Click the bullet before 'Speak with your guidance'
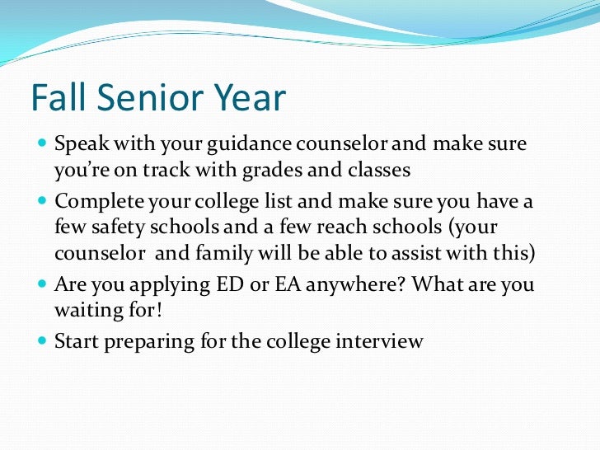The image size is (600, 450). (x=43, y=146)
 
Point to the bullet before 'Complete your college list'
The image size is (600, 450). (x=43, y=200)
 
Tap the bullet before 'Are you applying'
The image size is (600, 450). (x=43, y=284)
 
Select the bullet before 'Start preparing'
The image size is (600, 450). (x=43, y=340)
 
